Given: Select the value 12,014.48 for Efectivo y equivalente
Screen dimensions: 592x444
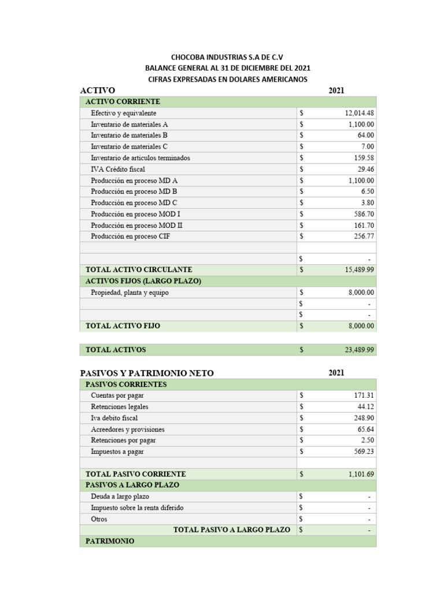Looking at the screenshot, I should (x=359, y=113).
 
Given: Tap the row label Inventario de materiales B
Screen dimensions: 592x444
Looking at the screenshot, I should (x=129, y=135).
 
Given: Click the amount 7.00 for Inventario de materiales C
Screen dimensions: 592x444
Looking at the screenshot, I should (x=368, y=147).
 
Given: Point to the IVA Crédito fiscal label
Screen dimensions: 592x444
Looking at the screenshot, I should (x=118, y=169).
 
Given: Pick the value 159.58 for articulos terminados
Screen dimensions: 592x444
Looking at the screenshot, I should (x=364, y=158).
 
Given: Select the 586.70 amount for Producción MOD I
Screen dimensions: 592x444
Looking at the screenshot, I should (x=364, y=214).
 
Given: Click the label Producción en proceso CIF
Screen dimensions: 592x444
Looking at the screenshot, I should (x=130, y=236).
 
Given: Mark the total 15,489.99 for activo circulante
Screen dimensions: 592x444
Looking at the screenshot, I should (x=359, y=270).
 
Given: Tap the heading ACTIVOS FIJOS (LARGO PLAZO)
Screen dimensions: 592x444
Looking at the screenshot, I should (x=143, y=281).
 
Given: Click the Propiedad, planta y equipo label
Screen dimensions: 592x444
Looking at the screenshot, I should (x=130, y=293).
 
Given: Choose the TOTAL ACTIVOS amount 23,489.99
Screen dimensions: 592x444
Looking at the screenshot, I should (x=359, y=350).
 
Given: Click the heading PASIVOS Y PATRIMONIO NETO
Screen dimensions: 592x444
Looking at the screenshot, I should (x=147, y=373).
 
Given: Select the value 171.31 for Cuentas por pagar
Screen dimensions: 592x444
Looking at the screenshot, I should (x=364, y=395).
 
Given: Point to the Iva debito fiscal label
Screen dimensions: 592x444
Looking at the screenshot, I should (x=114, y=418).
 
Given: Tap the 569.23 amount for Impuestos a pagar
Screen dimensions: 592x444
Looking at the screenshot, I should (x=364, y=452).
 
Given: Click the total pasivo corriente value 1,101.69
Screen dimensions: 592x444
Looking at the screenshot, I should (x=361, y=474).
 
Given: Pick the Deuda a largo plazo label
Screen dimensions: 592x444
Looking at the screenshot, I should (x=120, y=497).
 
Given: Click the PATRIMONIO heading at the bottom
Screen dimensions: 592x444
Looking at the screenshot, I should (x=110, y=541).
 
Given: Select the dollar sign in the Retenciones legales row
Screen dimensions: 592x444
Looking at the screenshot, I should (x=301, y=407).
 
